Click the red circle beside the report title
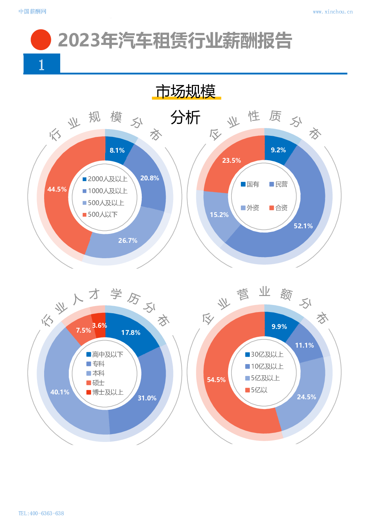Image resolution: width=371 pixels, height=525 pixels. tap(40, 40)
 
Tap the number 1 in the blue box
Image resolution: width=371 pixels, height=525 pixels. tap(42, 65)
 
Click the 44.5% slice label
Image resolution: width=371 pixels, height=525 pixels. tap(57, 189)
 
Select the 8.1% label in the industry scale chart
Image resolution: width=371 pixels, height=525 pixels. tap(117, 150)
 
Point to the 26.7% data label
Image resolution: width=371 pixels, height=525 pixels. tap(128, 241)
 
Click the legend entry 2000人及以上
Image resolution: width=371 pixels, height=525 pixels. tap(105, 179)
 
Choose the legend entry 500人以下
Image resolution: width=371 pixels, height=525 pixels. tap(100, 214)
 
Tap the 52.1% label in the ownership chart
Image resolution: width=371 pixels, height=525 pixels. tap(303, 226)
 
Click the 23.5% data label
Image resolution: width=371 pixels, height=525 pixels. tap(232, 161)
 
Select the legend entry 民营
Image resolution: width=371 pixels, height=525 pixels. tap(279, 184)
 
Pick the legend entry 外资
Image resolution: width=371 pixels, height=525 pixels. tap(250, 208)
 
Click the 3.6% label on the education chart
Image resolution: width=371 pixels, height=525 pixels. tap(99, 326)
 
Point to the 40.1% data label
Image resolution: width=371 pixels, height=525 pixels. tap(60, 392)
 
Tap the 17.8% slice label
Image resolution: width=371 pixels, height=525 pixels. tap(131, 333)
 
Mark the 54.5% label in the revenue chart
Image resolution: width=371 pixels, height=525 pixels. tap(216, 380)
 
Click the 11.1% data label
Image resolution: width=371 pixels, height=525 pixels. tap(304, 345)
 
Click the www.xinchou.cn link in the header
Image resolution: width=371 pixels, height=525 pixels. tap(332, 12)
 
